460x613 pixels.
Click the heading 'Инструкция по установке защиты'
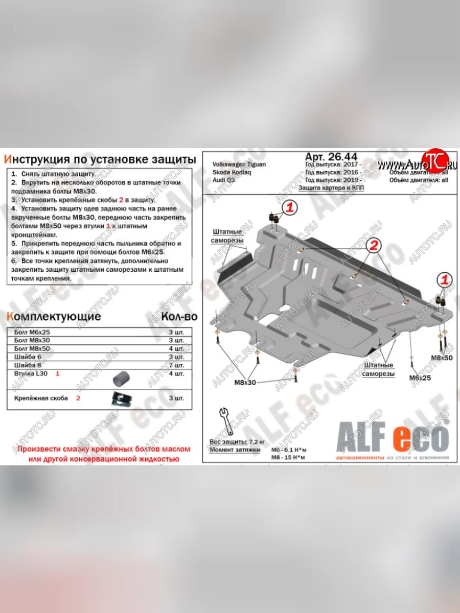[100, 159]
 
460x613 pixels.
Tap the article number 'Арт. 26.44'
[331, 157]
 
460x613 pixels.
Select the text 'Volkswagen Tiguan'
[239, 164]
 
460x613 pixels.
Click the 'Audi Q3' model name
[223, 180]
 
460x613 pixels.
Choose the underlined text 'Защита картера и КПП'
[332, 188]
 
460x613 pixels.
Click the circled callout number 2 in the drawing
[374, 246]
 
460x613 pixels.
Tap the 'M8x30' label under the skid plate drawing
[245, 382]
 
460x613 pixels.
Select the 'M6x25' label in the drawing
[420, 378]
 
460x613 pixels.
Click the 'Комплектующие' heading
[54, 316]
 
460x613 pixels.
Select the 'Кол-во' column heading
[179, 316]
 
